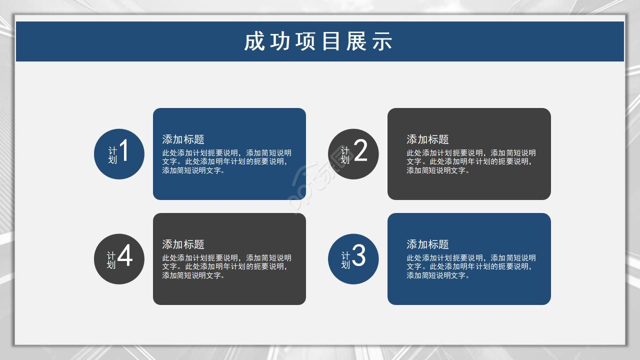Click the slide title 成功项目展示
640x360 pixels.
coord(318,42)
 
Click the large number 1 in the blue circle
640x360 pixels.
coord(124,151)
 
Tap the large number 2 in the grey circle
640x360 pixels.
coord(360,151)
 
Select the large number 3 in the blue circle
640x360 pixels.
coord(358,256)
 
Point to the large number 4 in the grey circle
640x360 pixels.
coord(124,256)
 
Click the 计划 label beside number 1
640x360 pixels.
coord(112,155)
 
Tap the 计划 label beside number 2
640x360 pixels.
coord(345,155)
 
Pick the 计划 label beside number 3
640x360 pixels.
coord(345,260)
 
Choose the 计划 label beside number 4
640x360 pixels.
coord(111,260)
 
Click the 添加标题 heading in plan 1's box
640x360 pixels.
coord(183,139)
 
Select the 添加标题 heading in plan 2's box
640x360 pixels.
coord(427,139)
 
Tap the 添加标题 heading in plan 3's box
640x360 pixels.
coord(427,244)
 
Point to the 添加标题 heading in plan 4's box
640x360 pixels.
coord(183,244)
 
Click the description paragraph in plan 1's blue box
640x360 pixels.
coord(226,161)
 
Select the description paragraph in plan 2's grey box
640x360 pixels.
coord(471,161)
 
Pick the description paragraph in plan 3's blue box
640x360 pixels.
coord(471,266)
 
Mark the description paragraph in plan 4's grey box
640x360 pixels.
coord(226,266)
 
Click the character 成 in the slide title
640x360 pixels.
coord(253,42)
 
